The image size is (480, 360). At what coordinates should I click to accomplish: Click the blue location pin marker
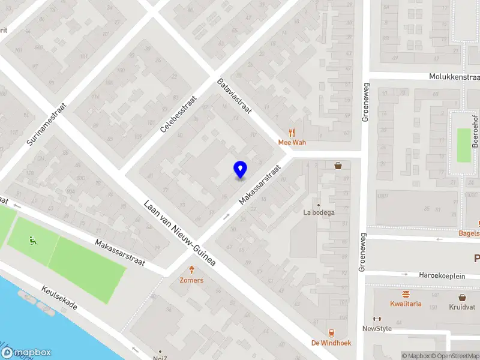(240, 170)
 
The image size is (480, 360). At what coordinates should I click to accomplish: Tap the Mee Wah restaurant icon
(292, 133)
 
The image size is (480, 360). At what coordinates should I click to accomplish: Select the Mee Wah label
(292, 142)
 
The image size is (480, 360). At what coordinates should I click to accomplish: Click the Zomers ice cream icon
(191, 270)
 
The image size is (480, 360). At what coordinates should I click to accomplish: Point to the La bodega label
(319, 212)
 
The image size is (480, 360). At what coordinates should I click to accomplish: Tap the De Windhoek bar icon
(331, 333)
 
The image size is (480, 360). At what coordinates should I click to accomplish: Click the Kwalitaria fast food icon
(406, 294)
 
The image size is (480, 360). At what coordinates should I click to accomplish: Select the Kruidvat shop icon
(462, 297)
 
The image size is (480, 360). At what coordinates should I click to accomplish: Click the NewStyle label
(377, 328)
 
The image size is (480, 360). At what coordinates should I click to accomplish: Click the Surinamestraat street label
(47, 124)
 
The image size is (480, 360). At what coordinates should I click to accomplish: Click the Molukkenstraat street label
(454, 77)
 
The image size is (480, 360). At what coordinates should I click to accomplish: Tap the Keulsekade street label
(59, 297)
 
